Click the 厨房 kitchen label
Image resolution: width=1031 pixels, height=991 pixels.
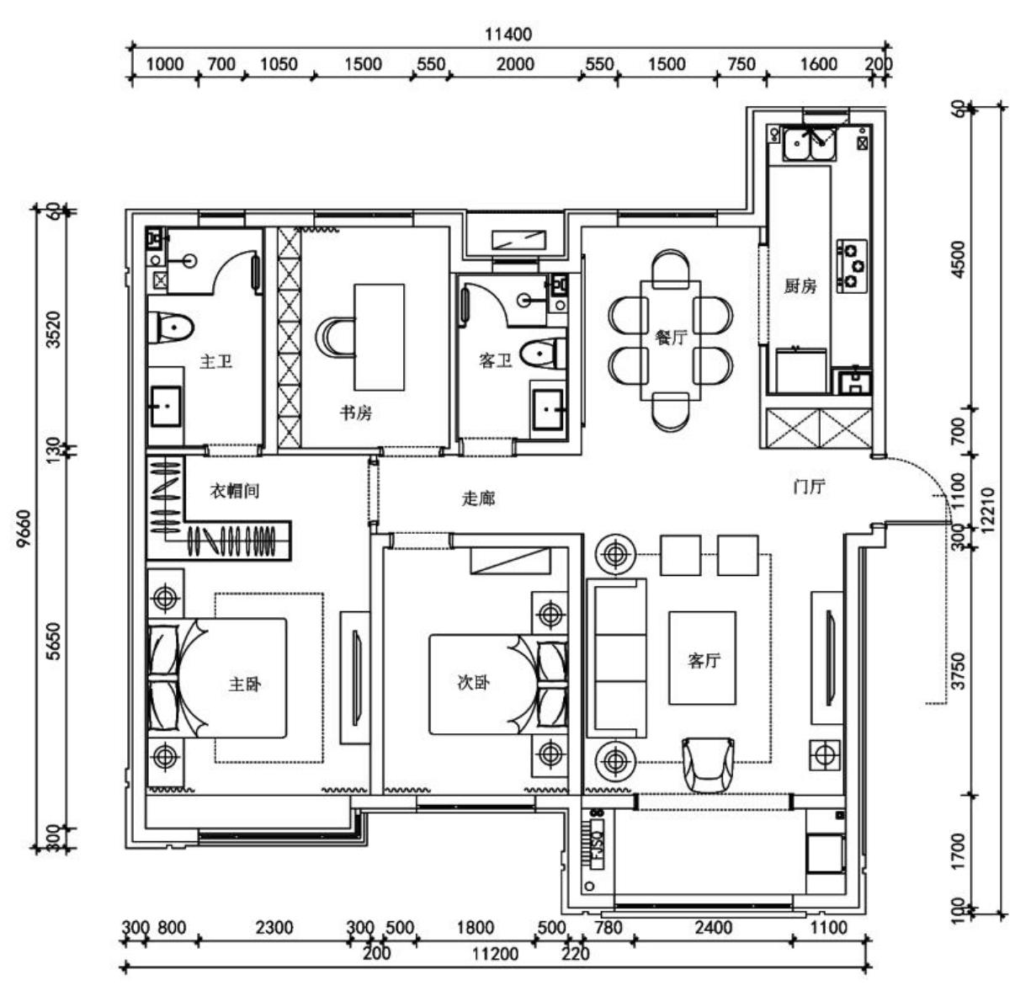click(800, 286)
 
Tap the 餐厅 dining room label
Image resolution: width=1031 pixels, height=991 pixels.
click(671, 338)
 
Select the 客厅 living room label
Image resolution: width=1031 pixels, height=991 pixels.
click(704, 660)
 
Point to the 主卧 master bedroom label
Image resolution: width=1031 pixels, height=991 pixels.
click(245, 684)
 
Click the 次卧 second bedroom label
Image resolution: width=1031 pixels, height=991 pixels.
click(473, 683)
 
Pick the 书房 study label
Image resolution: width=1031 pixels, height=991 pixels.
click(355, 413)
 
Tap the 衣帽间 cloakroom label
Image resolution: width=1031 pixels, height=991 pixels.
click(234, 491)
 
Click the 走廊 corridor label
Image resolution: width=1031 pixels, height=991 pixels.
click(478, 498)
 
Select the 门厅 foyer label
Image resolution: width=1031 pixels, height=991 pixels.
click(809, 487)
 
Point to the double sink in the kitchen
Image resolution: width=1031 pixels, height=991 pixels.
click(808, 145)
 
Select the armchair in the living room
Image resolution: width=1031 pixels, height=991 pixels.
click(708, 765)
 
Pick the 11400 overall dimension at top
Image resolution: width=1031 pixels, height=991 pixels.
click(508, 35)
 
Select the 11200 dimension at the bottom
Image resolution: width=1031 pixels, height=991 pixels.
click(495, 953)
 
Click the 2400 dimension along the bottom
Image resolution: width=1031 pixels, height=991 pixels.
click(713, 928)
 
